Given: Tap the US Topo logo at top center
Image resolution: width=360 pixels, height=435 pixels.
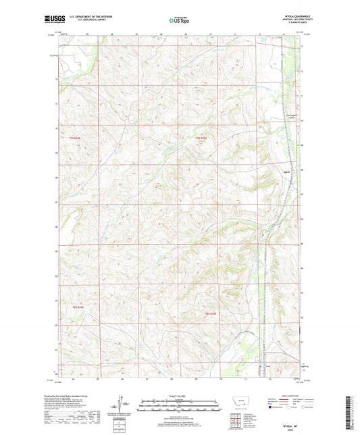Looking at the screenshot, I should click(x=179, y=21).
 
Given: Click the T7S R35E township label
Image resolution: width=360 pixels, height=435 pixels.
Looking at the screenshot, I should click(x=201, y=138).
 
